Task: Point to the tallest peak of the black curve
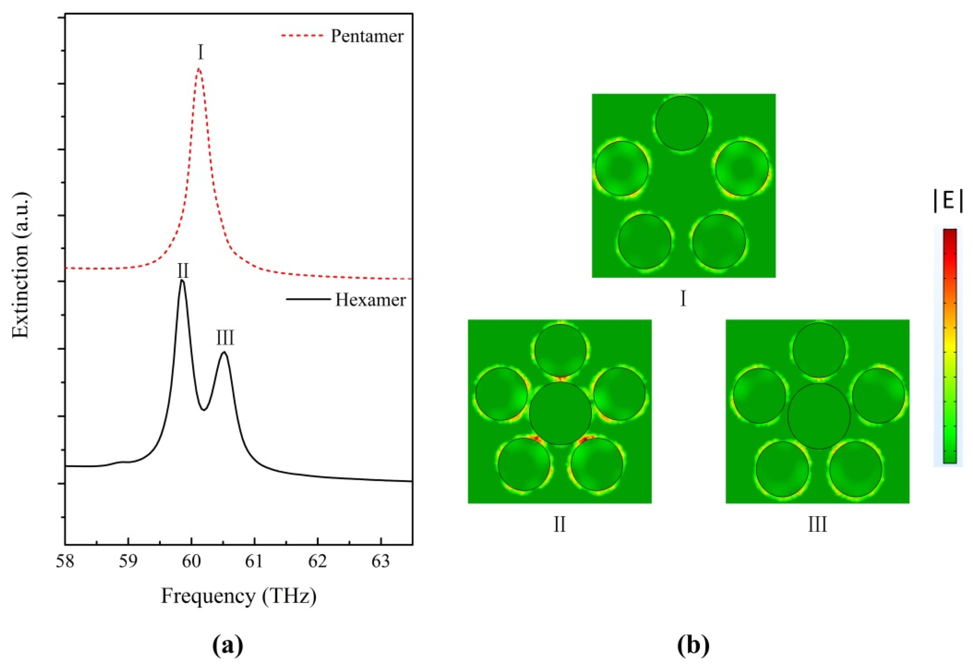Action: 182,281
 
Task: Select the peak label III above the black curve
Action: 225,338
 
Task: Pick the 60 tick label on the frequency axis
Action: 191,561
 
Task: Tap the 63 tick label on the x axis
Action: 381,561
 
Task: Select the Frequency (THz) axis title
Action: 239,596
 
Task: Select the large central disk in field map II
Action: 560,413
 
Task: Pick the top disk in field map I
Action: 681,123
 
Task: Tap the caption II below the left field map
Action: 559,525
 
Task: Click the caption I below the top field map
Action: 683,299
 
